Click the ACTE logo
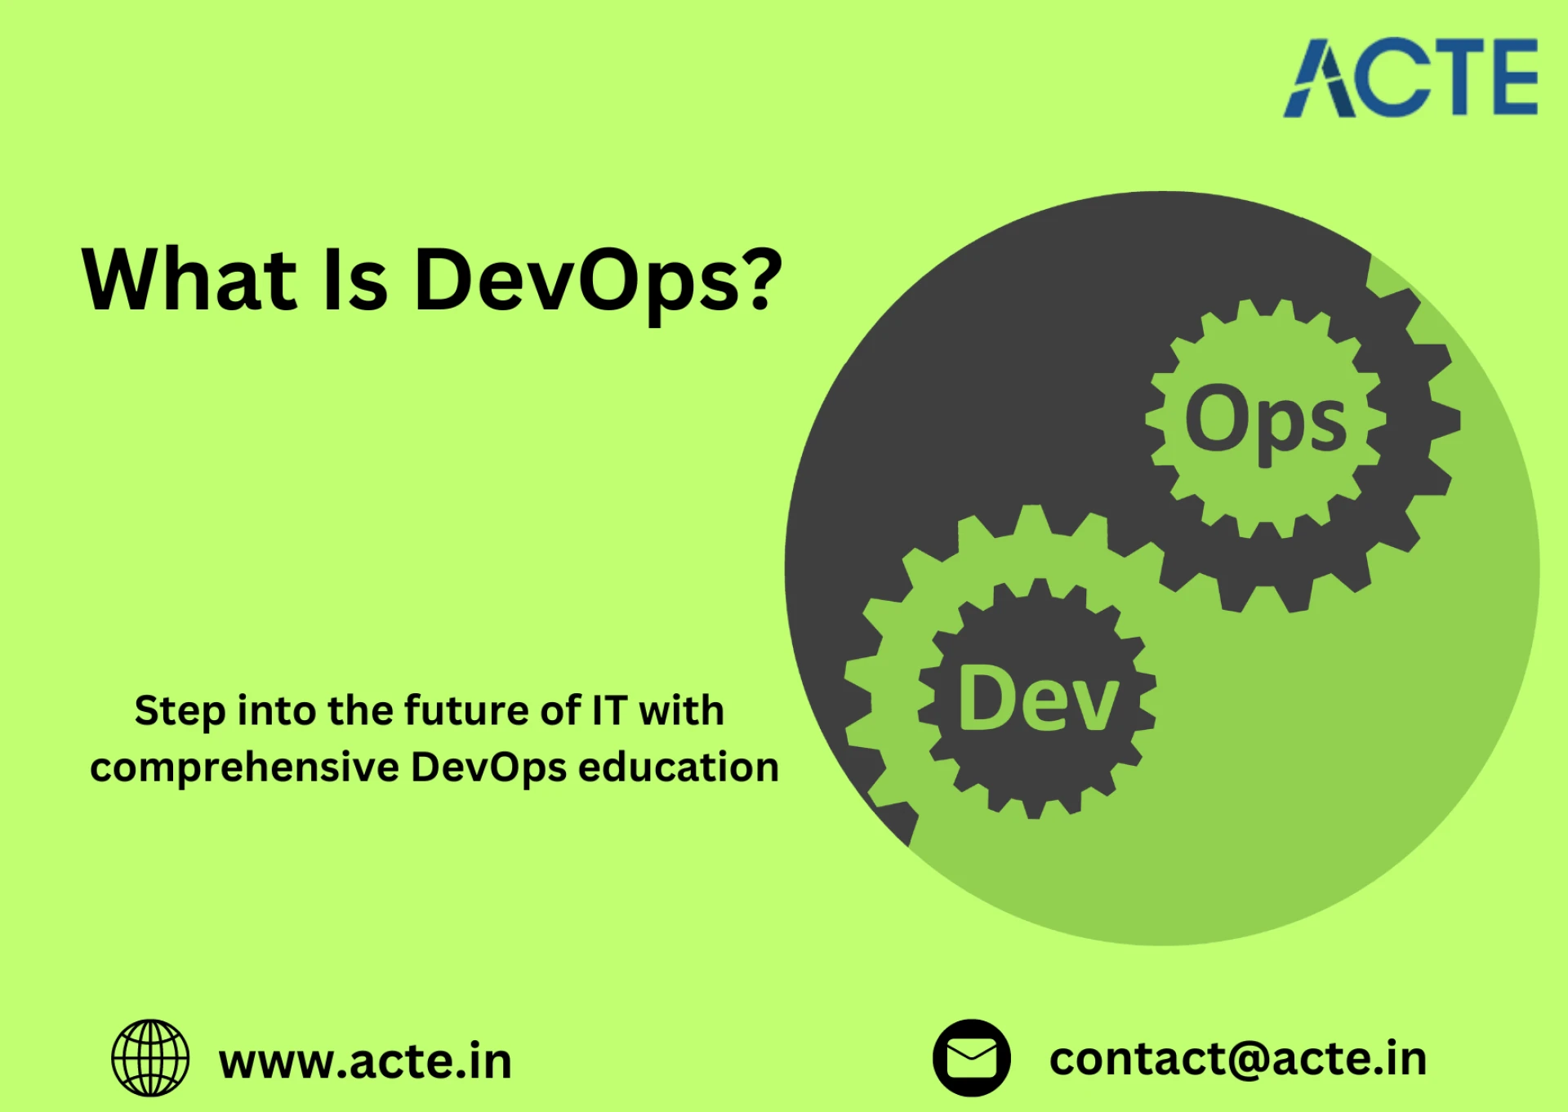click(1410, 78)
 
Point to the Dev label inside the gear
click(1037, 699)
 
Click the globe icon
click(150, 1057)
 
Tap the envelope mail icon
click(971, 1057)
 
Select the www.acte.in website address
click(365, 1061)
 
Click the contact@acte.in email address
click(1237, 1059)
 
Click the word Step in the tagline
click(180, 711)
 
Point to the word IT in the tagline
click(609, 710)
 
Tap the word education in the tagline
click(679, 767)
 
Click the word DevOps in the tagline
click(488, 768)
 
